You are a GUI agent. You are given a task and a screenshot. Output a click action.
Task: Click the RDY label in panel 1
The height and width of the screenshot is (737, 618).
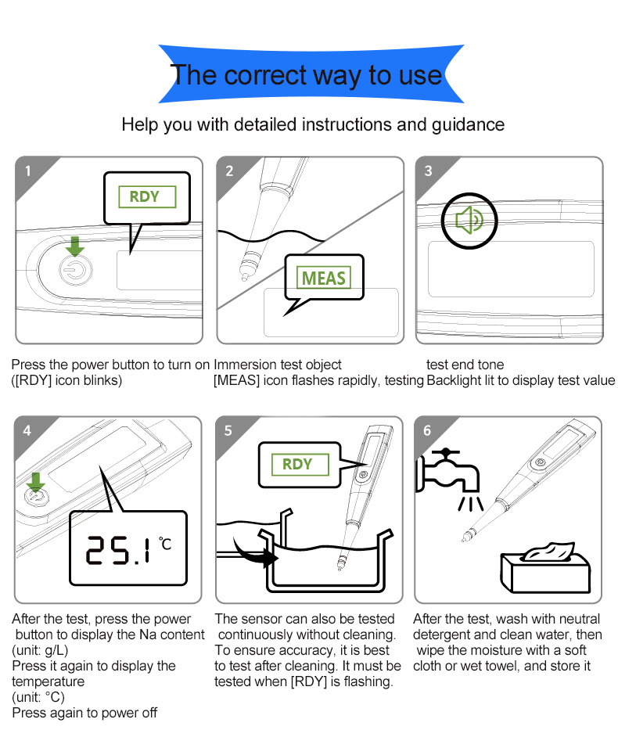click(147, 196)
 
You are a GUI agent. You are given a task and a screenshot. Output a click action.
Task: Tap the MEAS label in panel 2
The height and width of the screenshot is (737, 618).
click(324, 277)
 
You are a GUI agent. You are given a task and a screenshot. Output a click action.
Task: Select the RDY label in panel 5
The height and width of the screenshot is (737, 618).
click(300, 465)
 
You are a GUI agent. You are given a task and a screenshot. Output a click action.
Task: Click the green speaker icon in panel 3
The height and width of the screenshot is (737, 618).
click(469, 220)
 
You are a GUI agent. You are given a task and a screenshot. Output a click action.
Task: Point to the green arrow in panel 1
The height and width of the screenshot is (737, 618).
click(75, 246)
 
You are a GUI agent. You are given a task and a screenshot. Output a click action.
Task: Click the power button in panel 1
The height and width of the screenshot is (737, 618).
click(76, 270)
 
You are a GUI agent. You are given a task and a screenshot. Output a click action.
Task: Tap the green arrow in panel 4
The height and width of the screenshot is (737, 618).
click(35, 483)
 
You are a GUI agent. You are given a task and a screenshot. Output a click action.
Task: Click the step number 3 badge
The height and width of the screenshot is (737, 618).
click(428, 171)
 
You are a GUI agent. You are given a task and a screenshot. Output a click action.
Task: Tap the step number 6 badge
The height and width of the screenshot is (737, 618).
click(427, 430)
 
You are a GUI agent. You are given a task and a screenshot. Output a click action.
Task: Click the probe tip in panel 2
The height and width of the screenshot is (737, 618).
click(244, 277)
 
